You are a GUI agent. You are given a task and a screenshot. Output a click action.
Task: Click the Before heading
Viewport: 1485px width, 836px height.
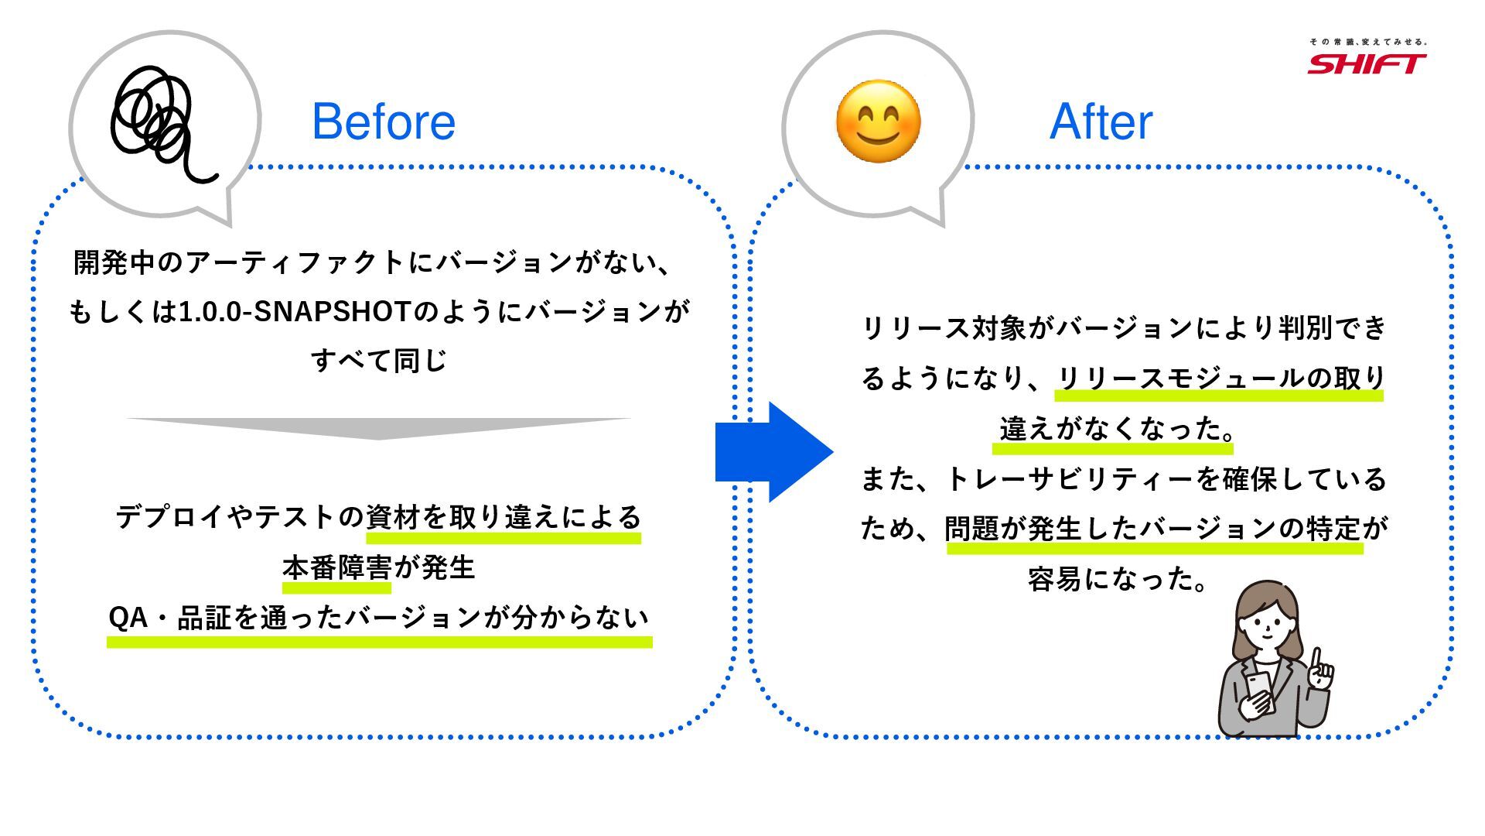click(x=384, y=122)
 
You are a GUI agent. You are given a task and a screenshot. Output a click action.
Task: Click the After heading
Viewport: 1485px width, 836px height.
click(x=1101, y=122)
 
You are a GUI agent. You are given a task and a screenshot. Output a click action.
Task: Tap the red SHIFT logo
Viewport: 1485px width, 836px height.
click(x=1367, y=63)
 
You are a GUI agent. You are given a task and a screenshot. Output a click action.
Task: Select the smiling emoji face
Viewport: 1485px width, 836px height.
click(x=878, y=122)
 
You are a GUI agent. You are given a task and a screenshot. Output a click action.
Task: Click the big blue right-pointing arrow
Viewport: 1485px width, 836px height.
click(x=774, y=452)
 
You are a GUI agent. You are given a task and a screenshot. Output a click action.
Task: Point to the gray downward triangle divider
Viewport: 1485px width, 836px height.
click(x=378, y=427)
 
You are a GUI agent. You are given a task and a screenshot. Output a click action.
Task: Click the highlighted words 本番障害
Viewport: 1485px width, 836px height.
click(x=336, y=568)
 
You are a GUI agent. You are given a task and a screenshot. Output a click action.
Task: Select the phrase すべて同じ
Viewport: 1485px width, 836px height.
click(x=379, y=361)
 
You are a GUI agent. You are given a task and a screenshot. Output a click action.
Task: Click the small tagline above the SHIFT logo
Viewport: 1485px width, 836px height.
click(x=1367, y=42)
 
